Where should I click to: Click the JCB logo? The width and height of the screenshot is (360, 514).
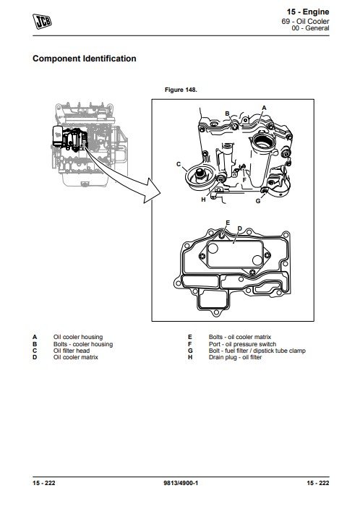click(x=43, y=21)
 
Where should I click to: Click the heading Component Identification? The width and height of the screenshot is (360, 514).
click(x=85, y=59)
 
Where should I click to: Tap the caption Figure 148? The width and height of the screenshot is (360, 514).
click(x=181, y=90)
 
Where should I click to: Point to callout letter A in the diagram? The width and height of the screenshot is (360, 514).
click(x=264, y=108)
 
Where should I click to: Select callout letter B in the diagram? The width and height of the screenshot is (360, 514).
click(x=227, y=113)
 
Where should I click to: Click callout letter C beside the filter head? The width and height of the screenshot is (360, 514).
click(x=179, y=164)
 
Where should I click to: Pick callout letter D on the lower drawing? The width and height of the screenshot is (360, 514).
click(x=239, y=228)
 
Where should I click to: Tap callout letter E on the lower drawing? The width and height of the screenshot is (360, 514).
click(x=228, y=223)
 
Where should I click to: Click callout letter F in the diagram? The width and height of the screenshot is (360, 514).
click(x=244, y=180)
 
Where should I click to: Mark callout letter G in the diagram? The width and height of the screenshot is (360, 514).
click(x=258, y=201)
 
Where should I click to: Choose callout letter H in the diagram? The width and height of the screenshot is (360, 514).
click(x=203, y=200)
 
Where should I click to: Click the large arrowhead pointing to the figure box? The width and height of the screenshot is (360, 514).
click(x=153, y=191)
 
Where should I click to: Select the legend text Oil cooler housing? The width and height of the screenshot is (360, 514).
click(x=78, y=337)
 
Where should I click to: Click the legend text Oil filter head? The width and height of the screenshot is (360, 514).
click(x=72, y=351)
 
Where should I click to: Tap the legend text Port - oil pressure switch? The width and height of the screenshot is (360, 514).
click(x=242, y=344)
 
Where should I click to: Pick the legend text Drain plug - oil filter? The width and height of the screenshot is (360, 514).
click(x=235, y=357)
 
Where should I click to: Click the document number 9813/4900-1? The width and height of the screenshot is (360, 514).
click(x=181, y=483)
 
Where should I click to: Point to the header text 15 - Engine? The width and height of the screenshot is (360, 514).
click(x=308, y=12)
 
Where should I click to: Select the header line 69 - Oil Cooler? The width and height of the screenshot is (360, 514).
click(x=305, y=21)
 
